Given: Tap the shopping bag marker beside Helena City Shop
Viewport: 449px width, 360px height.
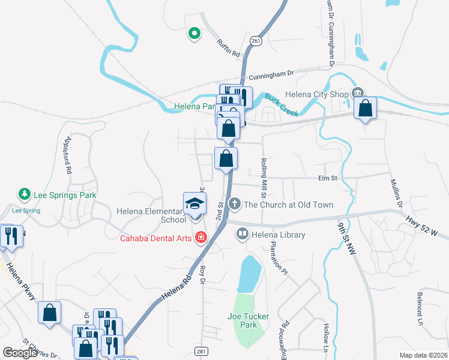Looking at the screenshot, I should [x=365, y=108].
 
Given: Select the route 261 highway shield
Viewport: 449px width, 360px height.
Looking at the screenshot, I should [x=256, y=41].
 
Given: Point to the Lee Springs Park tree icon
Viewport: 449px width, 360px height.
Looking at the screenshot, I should [x=25, y=194].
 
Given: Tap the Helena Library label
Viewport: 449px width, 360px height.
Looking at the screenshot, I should [x=278, y=235].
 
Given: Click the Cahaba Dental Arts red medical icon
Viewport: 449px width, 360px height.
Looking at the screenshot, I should [x=200, y=238].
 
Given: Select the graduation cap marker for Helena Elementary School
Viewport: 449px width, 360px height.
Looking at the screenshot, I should [x=194, y=203].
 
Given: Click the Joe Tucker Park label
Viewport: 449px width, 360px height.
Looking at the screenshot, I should [x=248, y=320].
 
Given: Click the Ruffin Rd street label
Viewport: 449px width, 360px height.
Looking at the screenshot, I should [x=228, y=47].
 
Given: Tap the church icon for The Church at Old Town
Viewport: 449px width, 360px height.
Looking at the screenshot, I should [x=234, y=204].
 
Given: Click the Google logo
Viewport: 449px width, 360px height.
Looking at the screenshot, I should [x=20, y=353].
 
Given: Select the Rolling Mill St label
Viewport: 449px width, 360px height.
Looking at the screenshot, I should [x=263, y=178].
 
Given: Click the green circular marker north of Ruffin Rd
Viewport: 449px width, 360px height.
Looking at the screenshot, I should [x=194, y=34].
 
